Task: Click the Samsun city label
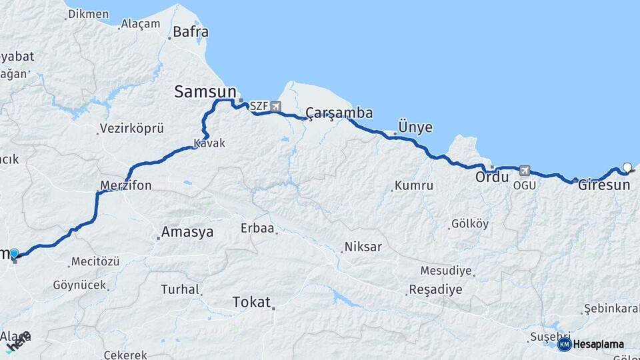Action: (205, 92)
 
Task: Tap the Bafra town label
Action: (190, 32)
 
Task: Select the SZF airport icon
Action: (275, 106)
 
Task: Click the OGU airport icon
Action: (525, 171)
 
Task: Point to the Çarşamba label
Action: (339, 112)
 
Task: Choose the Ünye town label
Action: (415, 127)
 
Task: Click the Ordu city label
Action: (492, 178)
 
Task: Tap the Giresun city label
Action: (603, 185)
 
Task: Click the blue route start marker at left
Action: (14, 253)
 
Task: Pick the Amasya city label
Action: (187, 232)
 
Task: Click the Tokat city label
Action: (251, 302)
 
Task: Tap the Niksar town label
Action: (363, 247)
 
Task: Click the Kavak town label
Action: (209, 143)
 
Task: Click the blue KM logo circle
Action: (564, 344)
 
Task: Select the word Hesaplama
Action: (599, 344)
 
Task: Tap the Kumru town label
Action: (413, 185)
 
